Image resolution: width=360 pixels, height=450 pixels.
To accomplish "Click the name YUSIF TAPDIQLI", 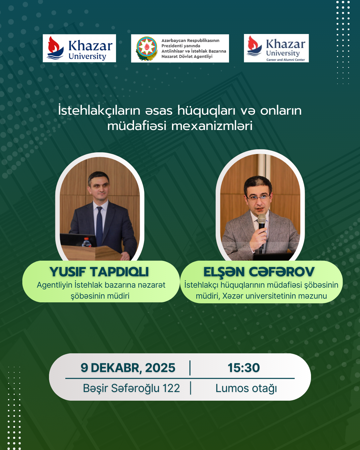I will click(x=99, y=272).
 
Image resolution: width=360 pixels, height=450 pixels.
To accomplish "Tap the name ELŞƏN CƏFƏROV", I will click(x=259, y=272).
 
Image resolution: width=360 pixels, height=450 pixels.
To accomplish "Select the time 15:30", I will click(x=244, y=368).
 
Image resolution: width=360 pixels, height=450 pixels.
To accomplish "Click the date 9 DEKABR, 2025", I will click(x=128, y=368).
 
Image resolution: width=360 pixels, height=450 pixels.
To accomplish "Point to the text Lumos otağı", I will click(x=246, y=388).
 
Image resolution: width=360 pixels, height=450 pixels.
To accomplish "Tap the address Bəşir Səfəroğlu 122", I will click(x=131, y=388).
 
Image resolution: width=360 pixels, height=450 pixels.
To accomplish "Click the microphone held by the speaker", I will click(x=262, y=221).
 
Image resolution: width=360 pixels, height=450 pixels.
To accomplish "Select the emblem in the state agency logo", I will click(x=146, y=48).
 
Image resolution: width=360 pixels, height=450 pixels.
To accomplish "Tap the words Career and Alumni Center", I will click(x=285, y=60).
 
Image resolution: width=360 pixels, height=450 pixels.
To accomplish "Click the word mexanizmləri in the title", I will click(x=212, y=126).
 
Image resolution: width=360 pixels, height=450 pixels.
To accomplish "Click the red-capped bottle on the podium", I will click(x=86, y=242).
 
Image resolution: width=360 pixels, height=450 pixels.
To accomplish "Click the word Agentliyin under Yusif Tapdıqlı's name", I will click(x=54, y=285).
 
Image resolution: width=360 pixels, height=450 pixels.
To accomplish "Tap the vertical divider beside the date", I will click(x=190, y=368).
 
